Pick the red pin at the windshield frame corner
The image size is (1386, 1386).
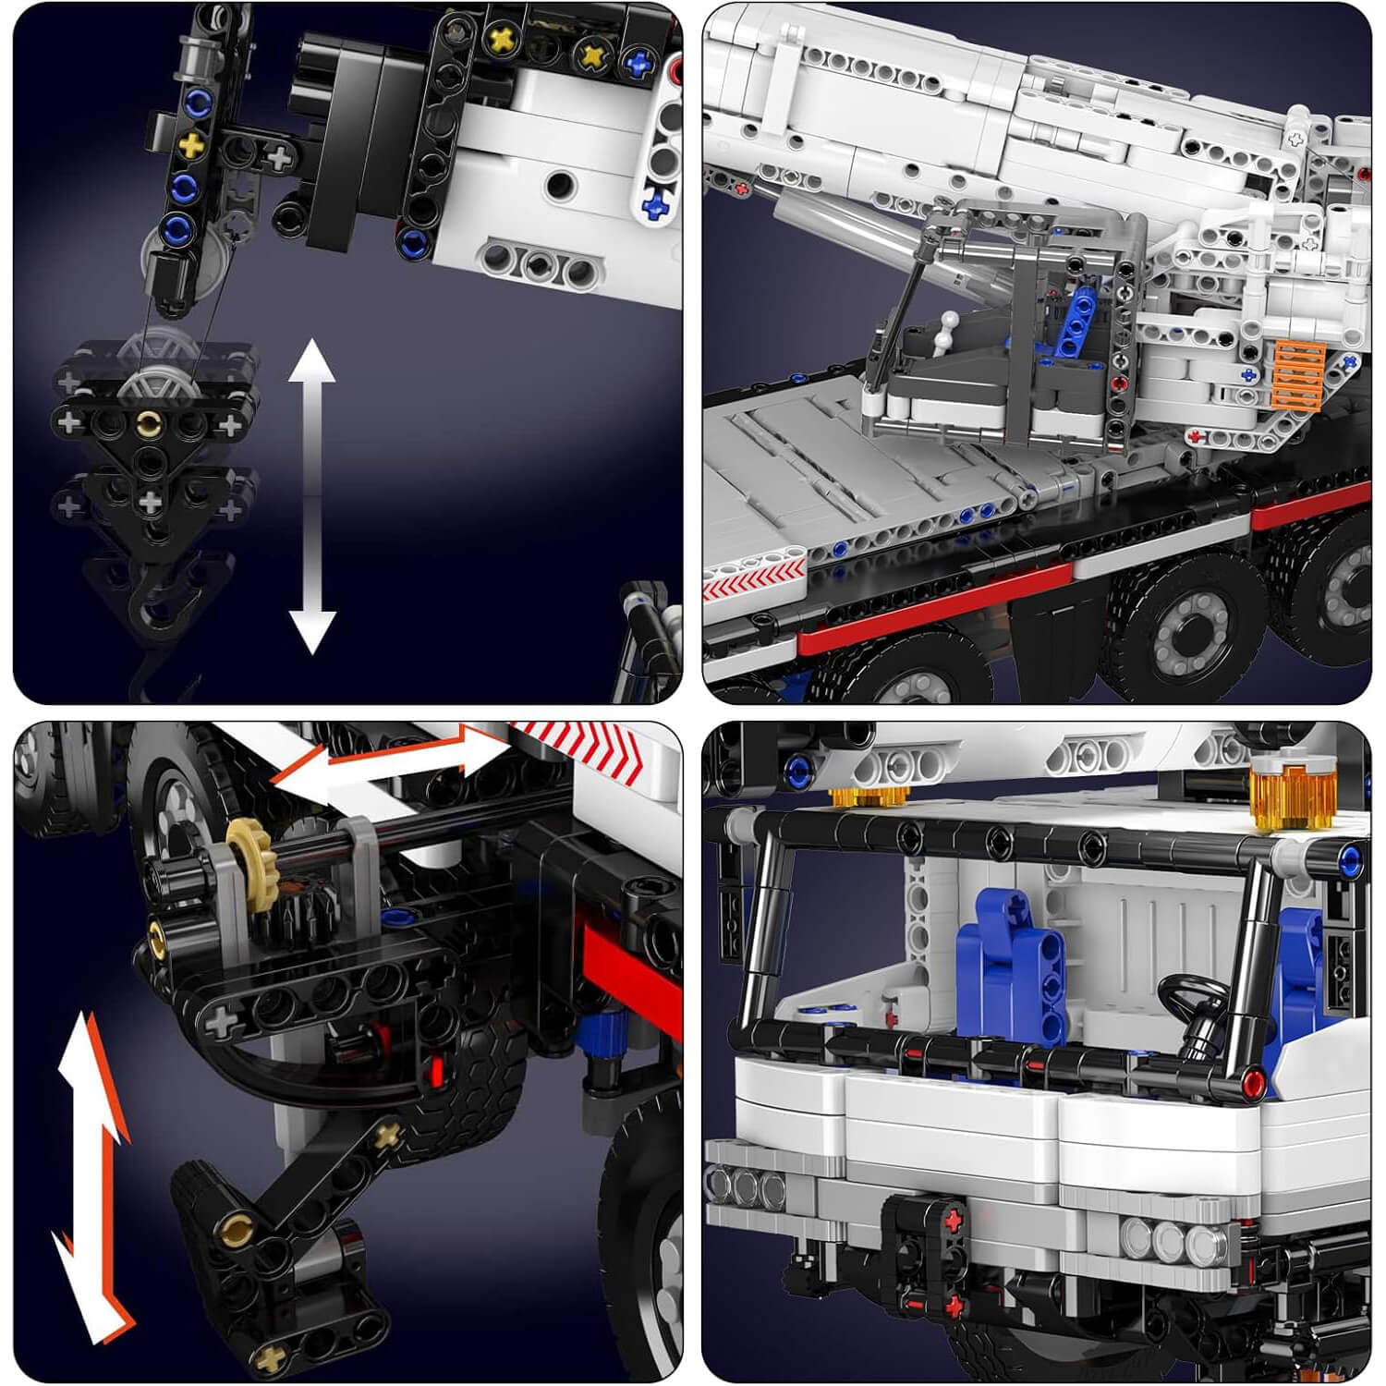pyautogui.click(x=1253, y=1083)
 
